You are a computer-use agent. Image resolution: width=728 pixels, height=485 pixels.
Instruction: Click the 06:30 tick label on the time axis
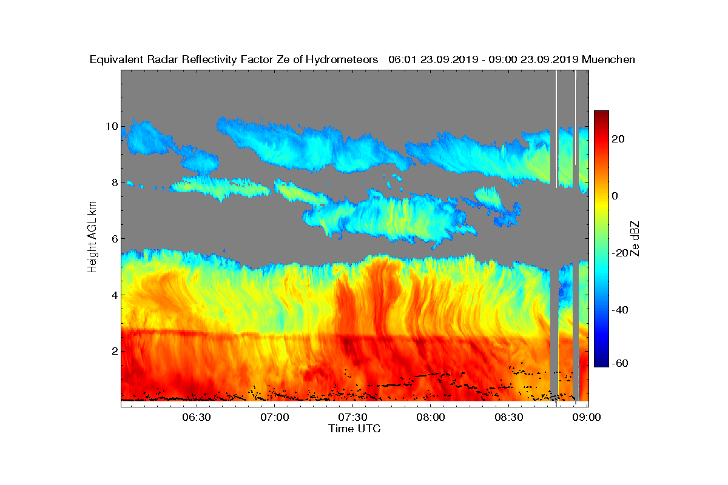197,417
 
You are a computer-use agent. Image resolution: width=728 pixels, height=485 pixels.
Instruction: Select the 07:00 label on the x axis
275,417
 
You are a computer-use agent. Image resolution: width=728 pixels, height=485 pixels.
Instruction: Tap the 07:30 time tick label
352,417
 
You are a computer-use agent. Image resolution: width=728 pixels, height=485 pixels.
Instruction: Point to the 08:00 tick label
431,417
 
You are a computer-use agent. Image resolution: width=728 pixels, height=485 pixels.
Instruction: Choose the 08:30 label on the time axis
509,417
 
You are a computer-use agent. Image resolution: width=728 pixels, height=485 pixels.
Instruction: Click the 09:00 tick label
587,417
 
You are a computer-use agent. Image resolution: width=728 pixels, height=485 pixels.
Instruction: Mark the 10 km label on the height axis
112,126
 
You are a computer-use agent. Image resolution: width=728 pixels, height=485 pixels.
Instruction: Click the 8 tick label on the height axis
115,182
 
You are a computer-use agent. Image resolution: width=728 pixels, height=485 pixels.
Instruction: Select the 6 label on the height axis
115,239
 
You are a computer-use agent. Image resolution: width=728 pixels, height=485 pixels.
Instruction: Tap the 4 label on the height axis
115,295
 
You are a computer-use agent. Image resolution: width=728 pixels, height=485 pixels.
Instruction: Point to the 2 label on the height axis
115,351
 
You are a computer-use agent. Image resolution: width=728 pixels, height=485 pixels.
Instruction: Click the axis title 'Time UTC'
354,429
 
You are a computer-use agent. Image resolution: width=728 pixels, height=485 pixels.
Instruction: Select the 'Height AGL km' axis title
92,237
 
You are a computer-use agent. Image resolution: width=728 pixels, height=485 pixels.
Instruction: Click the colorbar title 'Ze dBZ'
635,239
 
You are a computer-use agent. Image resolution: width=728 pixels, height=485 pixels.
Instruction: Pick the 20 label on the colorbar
618,139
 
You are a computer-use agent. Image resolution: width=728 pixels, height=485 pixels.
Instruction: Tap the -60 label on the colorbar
620,363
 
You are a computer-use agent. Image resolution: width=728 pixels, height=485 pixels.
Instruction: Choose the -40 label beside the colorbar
620,310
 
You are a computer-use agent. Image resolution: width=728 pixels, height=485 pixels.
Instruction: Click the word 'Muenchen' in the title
608,59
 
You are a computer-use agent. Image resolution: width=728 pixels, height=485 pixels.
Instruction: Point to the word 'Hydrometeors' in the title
342,60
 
